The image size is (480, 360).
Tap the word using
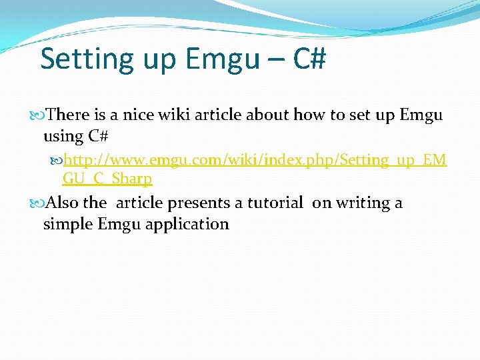(x=63, y=137)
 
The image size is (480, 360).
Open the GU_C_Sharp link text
(x=107, y=179)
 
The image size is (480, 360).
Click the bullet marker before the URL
(x=57, y=161)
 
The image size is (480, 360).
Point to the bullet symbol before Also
(x=41, y=203)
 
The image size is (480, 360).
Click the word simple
(x=67, y=224)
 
